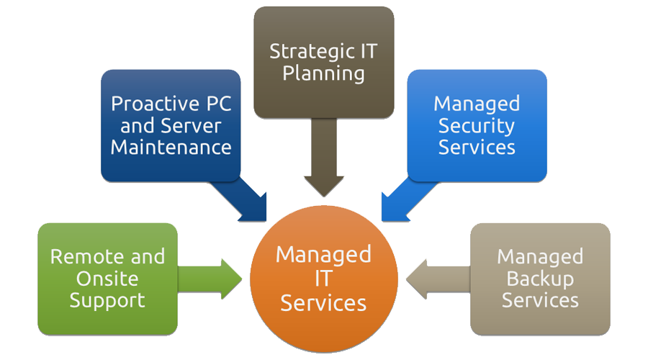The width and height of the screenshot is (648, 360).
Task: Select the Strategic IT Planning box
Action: [x=323, y=62]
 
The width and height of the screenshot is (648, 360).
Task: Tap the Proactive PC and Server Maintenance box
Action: [x=171, y=125]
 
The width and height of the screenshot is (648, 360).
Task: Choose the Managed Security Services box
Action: [x=477, y=125]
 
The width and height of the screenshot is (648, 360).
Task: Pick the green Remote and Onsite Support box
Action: [x=107, y=279]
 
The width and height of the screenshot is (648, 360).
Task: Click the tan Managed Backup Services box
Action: [x=540, y=279]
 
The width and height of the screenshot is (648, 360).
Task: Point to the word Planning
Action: [x=323, y=73]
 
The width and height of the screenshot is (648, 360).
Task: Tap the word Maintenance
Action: [x=171, y=148]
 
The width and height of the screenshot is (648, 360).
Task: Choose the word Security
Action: [x=477, y=125]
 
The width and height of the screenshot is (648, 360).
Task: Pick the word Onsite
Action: [x=107, y=279]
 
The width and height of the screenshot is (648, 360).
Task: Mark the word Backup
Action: [x=540, y=279]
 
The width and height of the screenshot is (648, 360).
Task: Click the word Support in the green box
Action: [x=107, y=300]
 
